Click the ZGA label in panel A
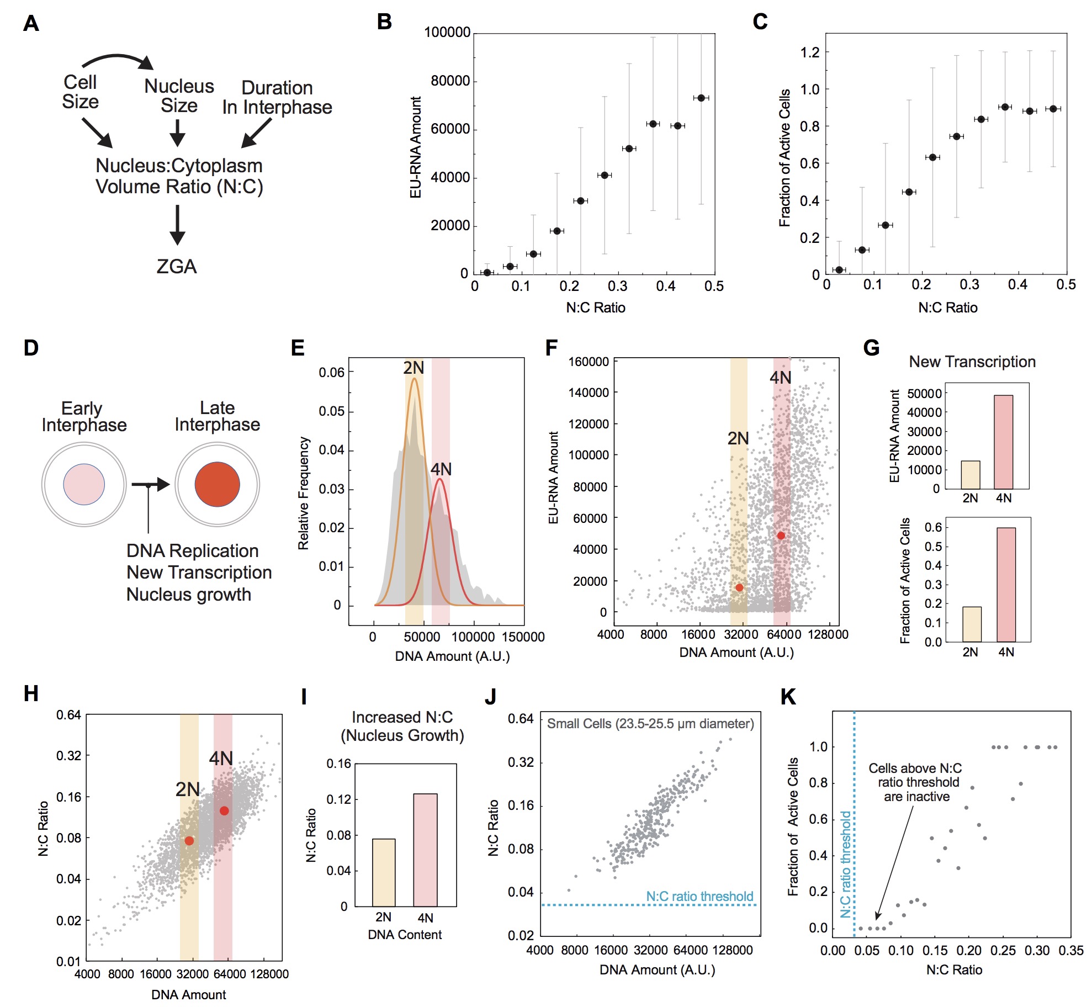coord(177,267)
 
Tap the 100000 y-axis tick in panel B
coord(447,33)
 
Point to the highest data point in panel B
coord(701,98)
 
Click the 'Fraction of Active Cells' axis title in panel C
coord(784,158)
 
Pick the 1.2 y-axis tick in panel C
coord(810,52)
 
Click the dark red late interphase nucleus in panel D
coord(217,484)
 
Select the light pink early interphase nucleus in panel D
coord(84,484)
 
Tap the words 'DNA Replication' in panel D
coord(192,551)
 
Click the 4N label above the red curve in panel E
coord(441,469)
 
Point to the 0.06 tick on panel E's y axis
coord(331,373)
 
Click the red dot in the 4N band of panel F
coord(781,536)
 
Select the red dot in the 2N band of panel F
coord(739,587)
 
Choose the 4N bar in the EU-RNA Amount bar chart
coord(1003,442)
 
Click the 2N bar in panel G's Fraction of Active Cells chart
coord(972,624)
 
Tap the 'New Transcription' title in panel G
coord(972,362)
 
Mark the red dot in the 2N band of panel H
coord(189,841)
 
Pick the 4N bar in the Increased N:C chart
coord(425,850)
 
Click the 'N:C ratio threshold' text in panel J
coord(699,897)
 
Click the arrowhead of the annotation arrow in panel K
coord(877,919)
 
